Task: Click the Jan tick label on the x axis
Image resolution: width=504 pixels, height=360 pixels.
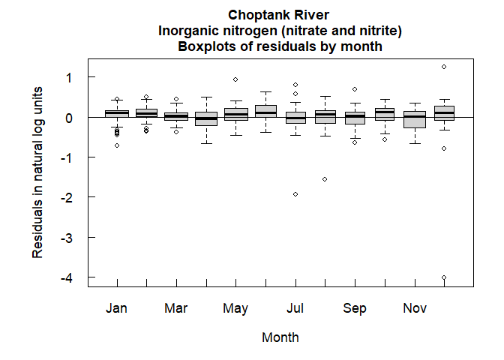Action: [x=116, y=308]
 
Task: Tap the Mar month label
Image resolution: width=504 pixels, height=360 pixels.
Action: [x=175, y=308]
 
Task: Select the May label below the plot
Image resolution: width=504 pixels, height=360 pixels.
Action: [x=235, y=308]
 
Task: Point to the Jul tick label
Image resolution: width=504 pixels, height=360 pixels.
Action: [x=295, y=308]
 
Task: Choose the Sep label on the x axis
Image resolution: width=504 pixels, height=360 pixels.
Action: [x=355, y=308]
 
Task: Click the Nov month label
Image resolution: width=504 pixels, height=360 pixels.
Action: [x=415, y=308]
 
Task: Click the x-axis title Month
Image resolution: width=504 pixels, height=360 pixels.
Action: [x=280, y=337]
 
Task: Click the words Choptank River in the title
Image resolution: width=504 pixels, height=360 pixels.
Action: [x=280, y=15]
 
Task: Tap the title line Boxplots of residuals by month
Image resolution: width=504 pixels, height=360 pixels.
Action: [x=280, y=46]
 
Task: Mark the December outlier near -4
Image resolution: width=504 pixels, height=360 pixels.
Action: [x=444, y=277]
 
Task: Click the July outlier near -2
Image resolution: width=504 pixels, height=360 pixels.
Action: [x=295, y=194]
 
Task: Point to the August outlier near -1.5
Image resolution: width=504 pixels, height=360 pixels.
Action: [x=325, y=179]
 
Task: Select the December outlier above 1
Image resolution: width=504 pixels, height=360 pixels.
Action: [x=444, y=67]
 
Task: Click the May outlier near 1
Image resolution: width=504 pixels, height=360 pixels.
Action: [x=235, y=79]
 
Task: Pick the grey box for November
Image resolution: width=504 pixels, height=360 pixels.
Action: [x=415, y=119]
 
